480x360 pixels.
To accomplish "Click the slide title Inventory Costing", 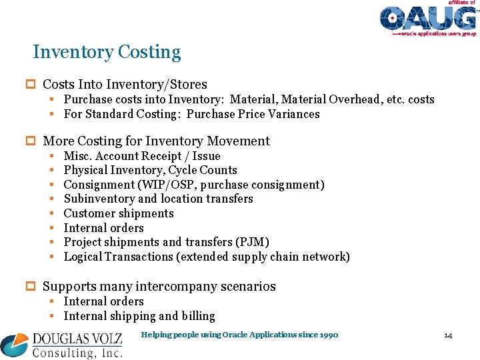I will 107,52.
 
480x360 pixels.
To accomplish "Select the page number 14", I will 448,335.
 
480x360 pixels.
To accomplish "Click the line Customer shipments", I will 119,213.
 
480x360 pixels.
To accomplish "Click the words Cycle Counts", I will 207,170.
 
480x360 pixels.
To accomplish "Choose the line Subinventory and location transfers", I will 158,199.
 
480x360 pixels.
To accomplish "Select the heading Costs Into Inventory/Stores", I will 125,85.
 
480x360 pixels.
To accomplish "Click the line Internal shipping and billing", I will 139,316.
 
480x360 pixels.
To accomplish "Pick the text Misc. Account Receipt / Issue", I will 142,156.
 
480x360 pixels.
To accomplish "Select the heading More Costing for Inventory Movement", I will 156,141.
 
